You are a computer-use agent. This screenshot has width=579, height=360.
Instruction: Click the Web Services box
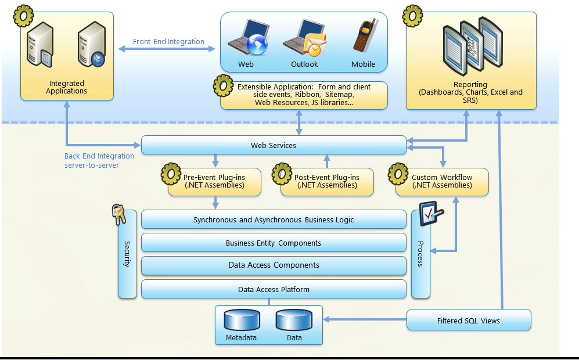tap(274, 145)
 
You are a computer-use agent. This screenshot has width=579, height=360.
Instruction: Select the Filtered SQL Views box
tap(468, 321)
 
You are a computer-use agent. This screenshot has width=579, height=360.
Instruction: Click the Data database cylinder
tap(294, 321)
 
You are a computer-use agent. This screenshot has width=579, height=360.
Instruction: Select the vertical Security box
tap(127, 254)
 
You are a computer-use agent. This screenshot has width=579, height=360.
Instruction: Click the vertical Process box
tap(420, 254)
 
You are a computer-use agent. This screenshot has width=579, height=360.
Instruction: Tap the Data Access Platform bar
tap(274, 289)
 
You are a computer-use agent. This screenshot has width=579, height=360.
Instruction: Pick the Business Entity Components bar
tap(274, 243)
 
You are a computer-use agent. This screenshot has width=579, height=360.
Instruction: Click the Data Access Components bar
tap(274, 265)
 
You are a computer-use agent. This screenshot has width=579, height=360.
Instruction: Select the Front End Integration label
tap(168, 42)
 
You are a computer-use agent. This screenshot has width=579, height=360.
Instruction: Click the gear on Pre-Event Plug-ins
tap(171, 174)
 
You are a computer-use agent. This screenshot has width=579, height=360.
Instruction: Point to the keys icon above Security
tap(120, 215)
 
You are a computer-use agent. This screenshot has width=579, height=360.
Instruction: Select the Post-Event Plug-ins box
tap(327, 181)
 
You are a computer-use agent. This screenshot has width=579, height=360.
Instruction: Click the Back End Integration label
tap(99, 160)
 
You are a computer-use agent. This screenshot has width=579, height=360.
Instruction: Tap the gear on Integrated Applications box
tap(23, 16)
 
